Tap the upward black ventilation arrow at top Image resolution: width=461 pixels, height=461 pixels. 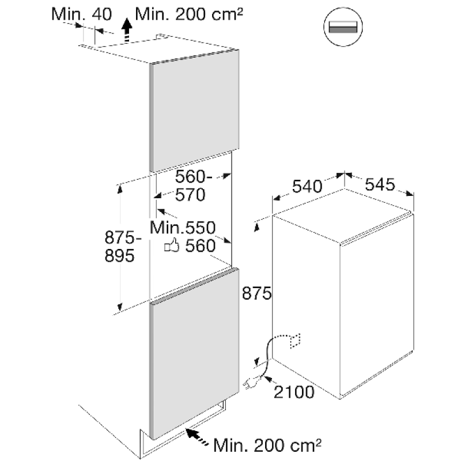pos(127,27)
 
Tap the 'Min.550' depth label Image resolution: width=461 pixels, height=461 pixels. pos(182,227)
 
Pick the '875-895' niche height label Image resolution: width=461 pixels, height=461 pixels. pos(119,246)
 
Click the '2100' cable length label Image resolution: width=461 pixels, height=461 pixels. pos(294,392)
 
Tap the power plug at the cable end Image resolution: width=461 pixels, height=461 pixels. pos(252,381)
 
